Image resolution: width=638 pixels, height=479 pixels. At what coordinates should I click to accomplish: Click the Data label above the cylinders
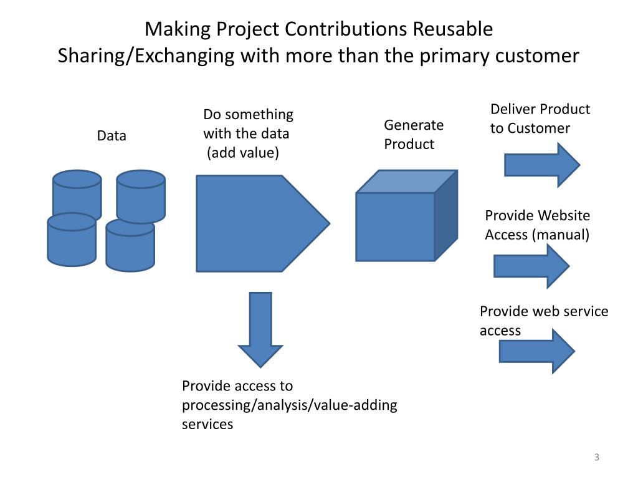click(112, 135)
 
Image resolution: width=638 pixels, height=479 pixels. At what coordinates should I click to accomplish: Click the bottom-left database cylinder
click(72, 240)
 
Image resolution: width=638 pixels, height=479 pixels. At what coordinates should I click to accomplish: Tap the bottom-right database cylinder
click(130, 246)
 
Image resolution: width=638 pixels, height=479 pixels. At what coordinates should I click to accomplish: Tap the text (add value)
click(243, 153)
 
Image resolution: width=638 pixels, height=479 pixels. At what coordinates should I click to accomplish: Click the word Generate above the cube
click(414, 125)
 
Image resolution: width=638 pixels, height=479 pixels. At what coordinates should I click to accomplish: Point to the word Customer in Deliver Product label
click(538, 128)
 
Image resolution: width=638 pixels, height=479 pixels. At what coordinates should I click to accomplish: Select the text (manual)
click(561, 235)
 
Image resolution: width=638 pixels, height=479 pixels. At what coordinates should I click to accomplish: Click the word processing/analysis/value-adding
click(290, 405)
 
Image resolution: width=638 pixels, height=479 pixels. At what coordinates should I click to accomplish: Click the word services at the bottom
click(207, 424)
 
